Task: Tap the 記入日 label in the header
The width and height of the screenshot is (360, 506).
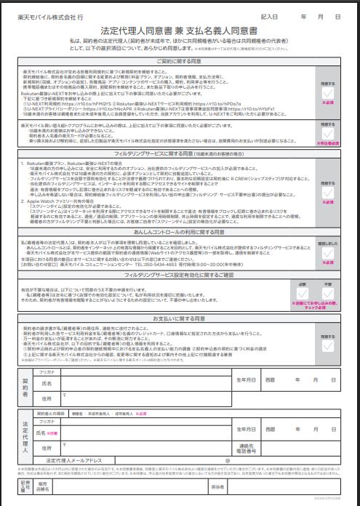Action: (x=270, y=14)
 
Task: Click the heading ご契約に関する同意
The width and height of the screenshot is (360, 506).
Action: (x=180, y=62)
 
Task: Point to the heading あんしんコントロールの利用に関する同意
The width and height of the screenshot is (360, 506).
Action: (x=180, y=232)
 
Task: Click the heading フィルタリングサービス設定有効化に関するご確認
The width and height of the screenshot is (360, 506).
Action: (x=180, y=276)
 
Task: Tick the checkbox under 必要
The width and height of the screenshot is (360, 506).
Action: (x=320, y=296)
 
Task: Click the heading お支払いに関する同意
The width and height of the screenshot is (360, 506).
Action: (x=180, y=318)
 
